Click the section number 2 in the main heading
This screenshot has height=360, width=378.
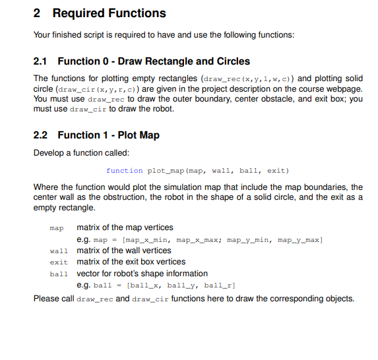click(x=37, y=13)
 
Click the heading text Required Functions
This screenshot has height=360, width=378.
click(x=109, y=13)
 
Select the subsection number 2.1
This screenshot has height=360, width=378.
click(x=41, y=61)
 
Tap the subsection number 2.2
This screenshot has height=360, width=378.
click(x=41, y=135)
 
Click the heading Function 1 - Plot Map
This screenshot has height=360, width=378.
click(x=108, y=135)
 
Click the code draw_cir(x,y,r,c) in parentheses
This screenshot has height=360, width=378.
click(x=96, y=89)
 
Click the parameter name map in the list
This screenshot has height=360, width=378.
click(x=57, y=228)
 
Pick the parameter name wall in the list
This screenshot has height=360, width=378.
click(x=59, y=251)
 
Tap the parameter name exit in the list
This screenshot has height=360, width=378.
click(x=59, y=262)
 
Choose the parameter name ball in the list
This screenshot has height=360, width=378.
click(x=59, y=274)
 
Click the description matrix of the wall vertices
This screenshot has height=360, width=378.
click(x=124, y=251)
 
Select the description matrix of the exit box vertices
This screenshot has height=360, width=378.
click(x=131, y=262)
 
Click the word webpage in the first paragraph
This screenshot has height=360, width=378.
click(x=346, y=88)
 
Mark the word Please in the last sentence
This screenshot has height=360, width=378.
click(x=45, y=298)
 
